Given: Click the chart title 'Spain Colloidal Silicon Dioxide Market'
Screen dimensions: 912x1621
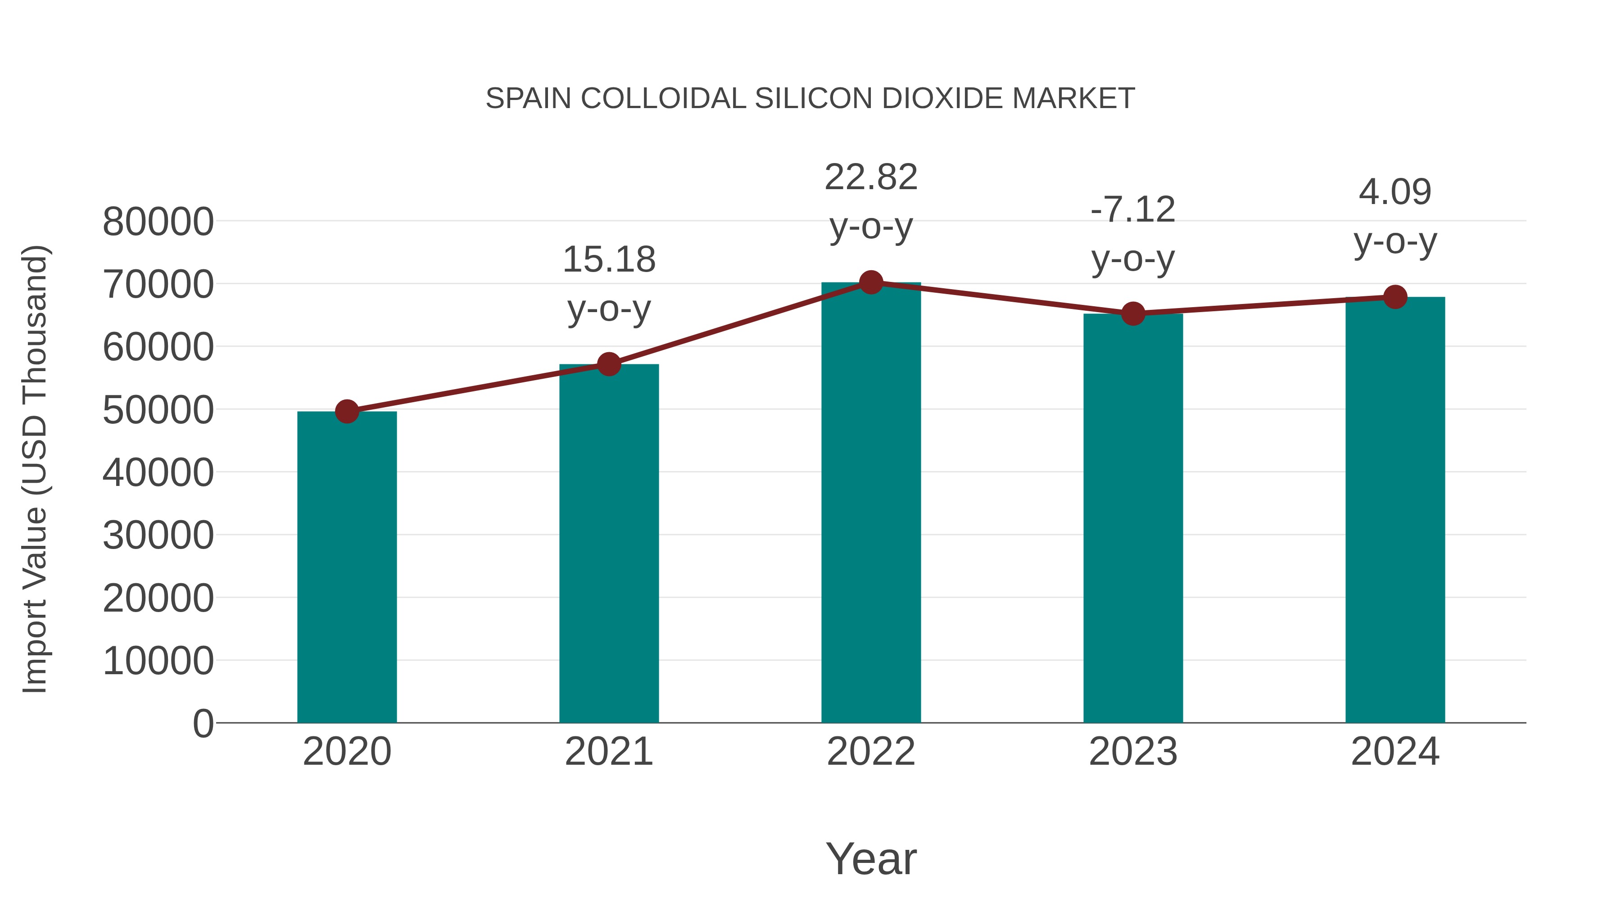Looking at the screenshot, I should pos(810,99).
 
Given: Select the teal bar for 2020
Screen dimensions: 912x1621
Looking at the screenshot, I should pos(347,567).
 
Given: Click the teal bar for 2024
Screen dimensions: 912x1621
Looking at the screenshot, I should pos(1395,510).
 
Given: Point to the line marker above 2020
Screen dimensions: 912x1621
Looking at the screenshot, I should pos(347,412).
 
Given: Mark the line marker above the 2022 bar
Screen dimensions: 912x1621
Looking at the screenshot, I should pos(871,282).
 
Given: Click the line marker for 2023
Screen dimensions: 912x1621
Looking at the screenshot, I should pos(1133,313).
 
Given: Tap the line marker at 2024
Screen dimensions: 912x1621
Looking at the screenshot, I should pos(1395,297).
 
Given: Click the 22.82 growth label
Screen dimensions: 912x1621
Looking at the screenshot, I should pos(871,201).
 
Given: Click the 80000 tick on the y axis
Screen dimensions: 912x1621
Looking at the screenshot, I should pos(158,222).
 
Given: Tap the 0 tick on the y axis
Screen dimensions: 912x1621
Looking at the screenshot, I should pos(203,723).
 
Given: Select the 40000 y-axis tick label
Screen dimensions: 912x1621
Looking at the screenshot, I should pos(158,473).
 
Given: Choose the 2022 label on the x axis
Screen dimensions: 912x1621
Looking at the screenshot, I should pos(871,752).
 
